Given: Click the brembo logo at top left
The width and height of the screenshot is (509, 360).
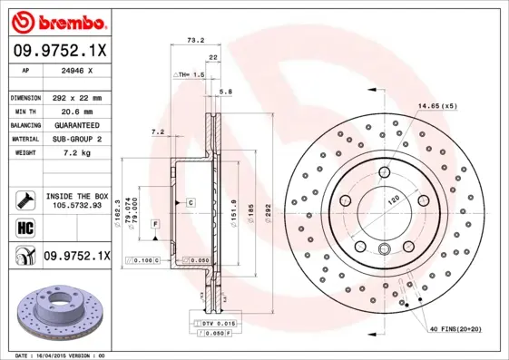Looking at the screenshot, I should (x=56, y=19).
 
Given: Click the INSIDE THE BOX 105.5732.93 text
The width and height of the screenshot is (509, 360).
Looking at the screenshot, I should (x=77, y=201).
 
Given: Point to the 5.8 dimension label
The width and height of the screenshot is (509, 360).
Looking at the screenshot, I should (x=226, y=92).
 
